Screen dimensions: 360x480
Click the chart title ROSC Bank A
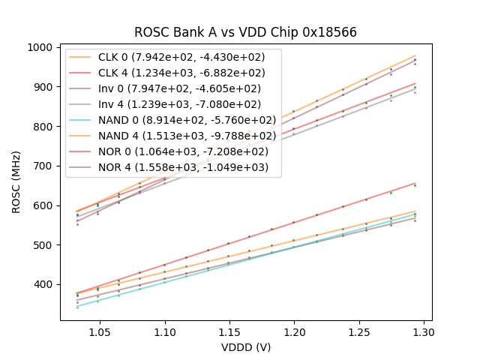(245, 32)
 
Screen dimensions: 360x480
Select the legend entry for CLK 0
(187, 58)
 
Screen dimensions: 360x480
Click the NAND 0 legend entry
(187, 120)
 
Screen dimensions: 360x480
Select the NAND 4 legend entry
(187, 136)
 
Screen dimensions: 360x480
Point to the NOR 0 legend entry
(187, 151)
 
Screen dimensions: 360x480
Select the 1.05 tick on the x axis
(100, 331)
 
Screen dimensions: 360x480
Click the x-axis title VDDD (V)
(245, 347)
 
